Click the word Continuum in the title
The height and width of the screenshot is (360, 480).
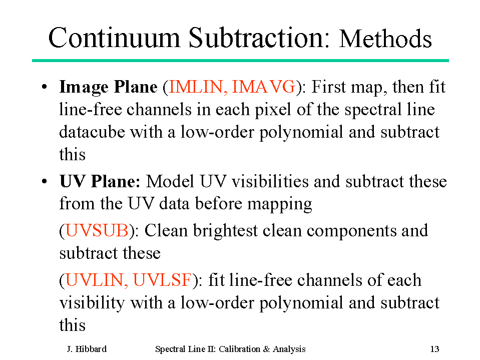click(114, 38)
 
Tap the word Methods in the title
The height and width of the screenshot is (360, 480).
click(385, 39)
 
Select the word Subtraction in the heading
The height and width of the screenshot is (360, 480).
click(259, 38)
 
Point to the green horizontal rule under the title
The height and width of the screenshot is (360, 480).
click(240, 61)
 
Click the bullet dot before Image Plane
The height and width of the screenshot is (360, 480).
click(45, 87)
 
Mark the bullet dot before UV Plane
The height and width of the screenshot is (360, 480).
click(45, 181)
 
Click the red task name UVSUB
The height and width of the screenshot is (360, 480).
click(97, 230)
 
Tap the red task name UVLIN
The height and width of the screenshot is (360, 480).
click(97, 280)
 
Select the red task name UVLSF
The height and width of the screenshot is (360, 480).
click(162, 280)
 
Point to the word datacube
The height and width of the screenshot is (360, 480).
click(92, 132)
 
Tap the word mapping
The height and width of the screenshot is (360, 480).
click(279, 204)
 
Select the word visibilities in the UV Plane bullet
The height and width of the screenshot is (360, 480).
click(270, 181)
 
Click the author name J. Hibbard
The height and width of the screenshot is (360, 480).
click(87, 349)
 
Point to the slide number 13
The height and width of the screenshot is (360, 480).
click(434, 349)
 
